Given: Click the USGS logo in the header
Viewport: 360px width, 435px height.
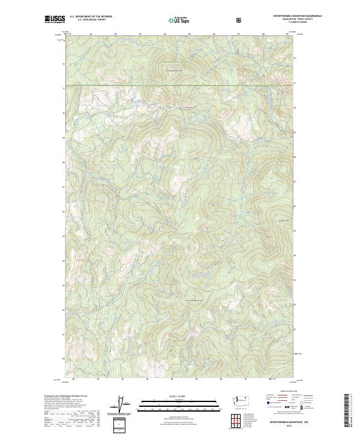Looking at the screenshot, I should click(55, 19).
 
